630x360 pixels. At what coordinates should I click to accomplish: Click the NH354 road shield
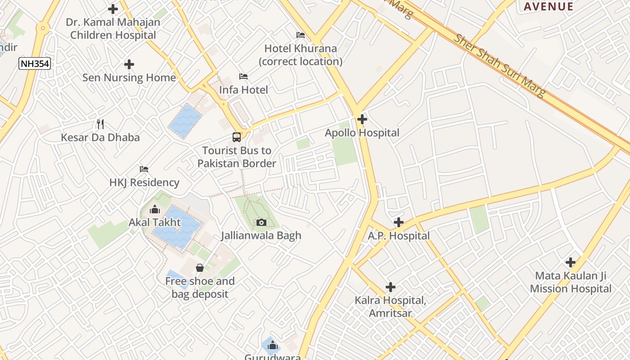34,63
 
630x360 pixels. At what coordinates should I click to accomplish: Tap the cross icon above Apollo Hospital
362,119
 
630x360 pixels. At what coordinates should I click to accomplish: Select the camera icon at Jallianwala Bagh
261,222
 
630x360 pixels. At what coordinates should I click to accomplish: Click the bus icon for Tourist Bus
237,137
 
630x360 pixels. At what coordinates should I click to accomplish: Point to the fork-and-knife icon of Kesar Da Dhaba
100,124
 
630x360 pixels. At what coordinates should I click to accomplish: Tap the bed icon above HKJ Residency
144,169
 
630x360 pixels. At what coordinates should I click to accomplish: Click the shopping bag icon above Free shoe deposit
200,268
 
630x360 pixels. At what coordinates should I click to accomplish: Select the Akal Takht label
155,222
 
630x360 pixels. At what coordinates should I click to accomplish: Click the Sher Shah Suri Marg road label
499,65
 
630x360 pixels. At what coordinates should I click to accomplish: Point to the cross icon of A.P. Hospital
398,222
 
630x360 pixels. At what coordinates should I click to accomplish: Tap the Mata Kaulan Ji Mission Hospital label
571,282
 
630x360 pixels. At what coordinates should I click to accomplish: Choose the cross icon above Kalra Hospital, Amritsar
391,287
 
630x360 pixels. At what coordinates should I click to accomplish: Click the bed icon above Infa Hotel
243,76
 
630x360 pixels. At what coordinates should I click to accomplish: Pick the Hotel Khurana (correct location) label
301,54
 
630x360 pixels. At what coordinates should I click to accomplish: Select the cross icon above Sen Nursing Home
129,64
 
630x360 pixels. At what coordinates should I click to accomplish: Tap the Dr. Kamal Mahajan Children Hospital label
113,28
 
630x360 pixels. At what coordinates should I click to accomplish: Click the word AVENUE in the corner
549,6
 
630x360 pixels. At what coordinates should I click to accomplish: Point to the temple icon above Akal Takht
155,209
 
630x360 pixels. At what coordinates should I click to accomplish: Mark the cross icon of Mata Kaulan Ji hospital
571,262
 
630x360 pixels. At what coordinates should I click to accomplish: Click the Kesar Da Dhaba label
100,137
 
